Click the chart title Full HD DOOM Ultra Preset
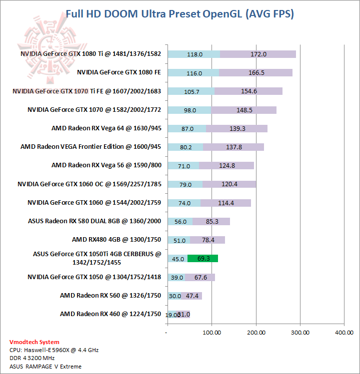(179, 13)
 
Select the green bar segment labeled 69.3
(202, 259)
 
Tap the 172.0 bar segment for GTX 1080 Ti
(258, 54)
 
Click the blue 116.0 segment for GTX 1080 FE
(193, 73)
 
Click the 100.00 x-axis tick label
(211, 332)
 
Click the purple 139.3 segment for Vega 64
(237, 128)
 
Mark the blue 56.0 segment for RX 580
(180, 221)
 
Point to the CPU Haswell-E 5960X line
(53, 350)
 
